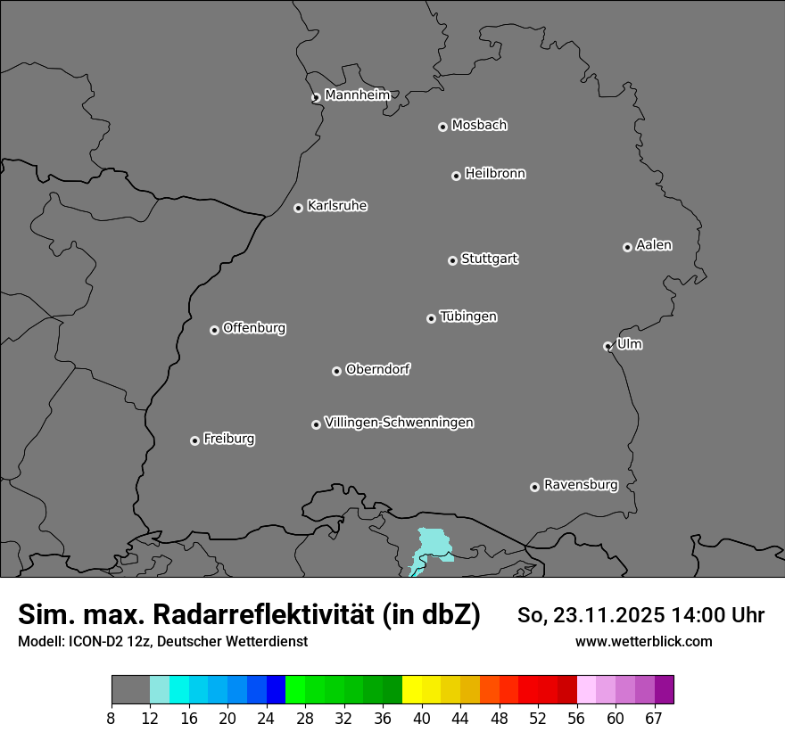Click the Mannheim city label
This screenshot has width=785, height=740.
pyautogui.click(x=357, y=95)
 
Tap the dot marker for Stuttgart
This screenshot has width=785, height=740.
pyautogui.click(x=452, y=260)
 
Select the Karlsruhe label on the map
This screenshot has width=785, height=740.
pyautogui.click(x=337, y=206)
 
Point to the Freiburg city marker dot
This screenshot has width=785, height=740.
pyautogui.click(x=194, y=440)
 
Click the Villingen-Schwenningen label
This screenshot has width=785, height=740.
pyautogui.click(x=399, y=423)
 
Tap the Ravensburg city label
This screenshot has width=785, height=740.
pyautogui.click(x=581, y=485)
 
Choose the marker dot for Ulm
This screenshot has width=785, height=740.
pyautogui.click(x=607, y=346)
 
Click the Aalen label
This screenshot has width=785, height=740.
pyautogui.click(x=654, y=245)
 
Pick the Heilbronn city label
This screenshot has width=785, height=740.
pyautogui.click(x=495, y=174)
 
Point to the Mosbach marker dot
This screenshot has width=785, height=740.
pyautogui.click(x=442, y=127)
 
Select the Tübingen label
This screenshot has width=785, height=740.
pyautogui.click(x=468, y=317)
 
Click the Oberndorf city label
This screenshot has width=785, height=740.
pyautogui.click(x=377, y=369)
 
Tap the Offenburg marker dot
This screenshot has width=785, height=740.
pyautogui.click(x=214, y=330)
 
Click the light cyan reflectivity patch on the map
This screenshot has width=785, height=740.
pyautogui.click(x=431, y=547)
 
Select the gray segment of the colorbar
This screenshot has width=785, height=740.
pyautogui.click(x=130, y=690)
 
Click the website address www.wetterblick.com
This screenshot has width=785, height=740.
pyautogui.click(x=643, y=641)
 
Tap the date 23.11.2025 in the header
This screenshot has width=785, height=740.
pyautogui.click(x=607, y=615)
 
